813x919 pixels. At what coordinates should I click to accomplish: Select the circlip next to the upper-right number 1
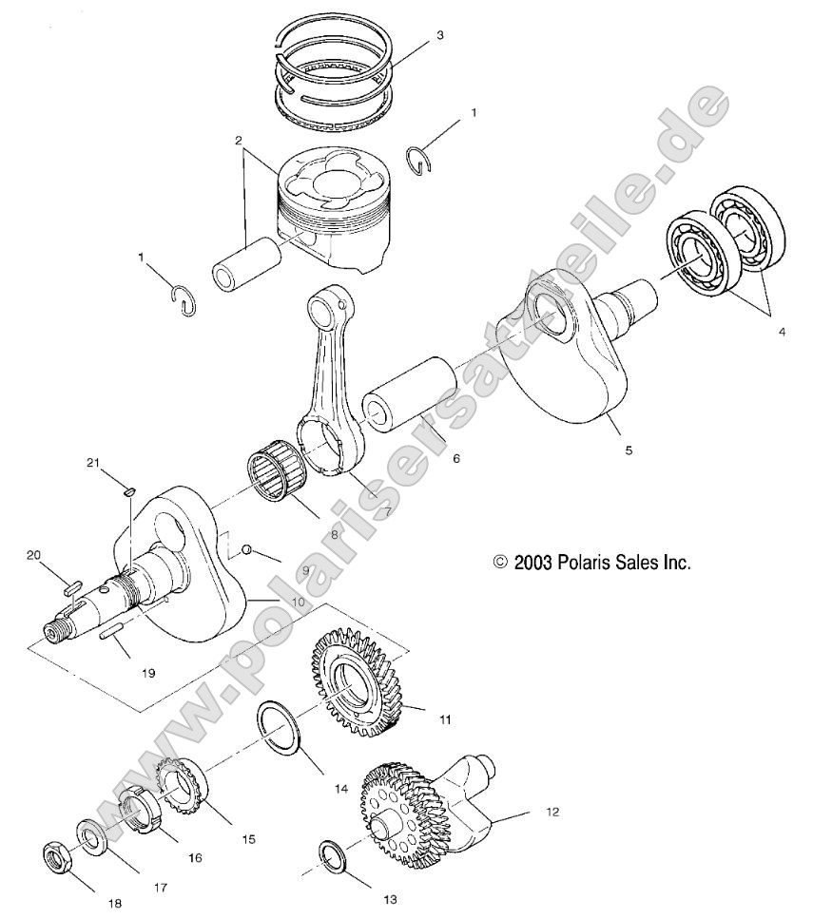pyautogui.click(x=419, y=159)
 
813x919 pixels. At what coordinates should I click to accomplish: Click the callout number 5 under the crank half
pyautogui.click(x=629, y=450)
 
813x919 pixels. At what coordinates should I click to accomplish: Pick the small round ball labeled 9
pyautogui.click(x=246, y=549)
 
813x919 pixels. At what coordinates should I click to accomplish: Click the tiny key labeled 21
pyautogui.click(x=132, y=490)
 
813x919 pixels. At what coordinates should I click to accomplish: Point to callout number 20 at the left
pyautogui.click(x=34, y=554)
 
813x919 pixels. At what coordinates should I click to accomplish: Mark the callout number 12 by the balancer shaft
pyautogui.click(x=552, y=813)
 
